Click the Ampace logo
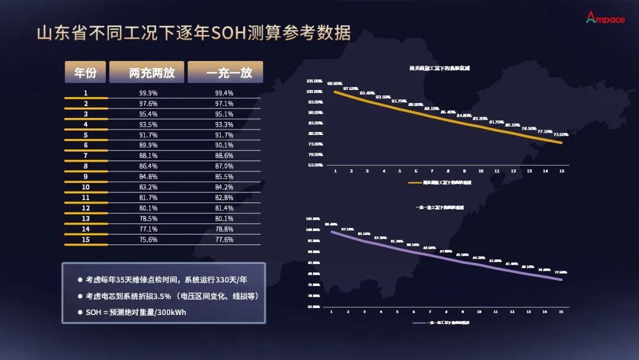605,18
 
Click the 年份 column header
85,72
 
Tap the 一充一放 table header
225,72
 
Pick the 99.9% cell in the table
148,93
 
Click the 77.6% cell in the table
224,240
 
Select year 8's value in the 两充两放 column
148,166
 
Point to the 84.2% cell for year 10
224,187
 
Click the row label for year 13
86,218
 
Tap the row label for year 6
86,145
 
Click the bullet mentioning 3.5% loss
172,295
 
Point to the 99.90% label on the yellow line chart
334,84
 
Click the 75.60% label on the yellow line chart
560,134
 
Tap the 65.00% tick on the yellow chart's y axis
314,165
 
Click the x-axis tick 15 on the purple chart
560,311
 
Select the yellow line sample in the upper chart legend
415,183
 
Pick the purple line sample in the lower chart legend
419,323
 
